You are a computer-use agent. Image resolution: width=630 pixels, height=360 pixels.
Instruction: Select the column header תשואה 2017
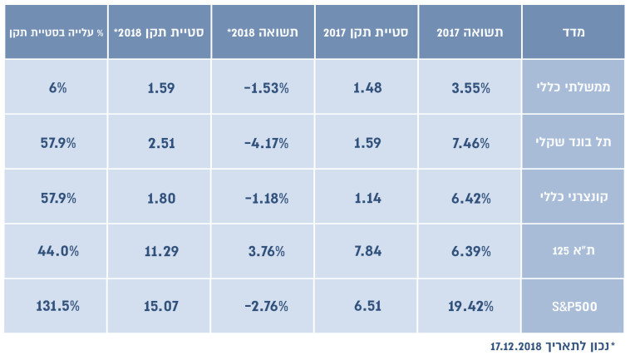(470, 32)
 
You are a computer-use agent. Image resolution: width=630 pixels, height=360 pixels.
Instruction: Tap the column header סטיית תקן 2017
(366, 32)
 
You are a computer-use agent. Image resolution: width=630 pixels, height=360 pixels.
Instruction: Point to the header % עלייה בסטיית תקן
(54, 32)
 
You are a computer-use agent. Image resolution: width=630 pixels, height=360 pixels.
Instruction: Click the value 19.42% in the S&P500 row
(470, 305)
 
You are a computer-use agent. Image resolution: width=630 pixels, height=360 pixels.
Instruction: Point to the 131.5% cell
(57, 305)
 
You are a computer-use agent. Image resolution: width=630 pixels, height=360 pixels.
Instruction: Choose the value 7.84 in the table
(367, 250)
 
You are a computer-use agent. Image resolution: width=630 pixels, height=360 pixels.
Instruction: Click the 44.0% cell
(57, 250)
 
